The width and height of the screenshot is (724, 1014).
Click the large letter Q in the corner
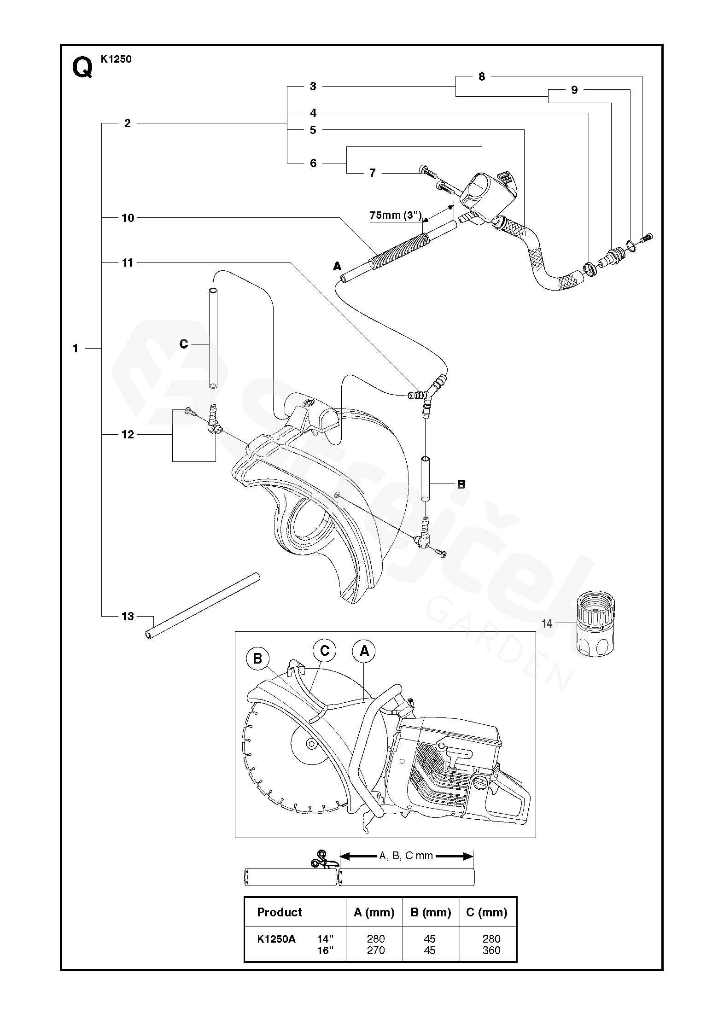coord(82,69)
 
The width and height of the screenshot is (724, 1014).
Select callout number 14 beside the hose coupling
coord(547,624)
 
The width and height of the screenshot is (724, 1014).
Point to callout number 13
coord(128,616)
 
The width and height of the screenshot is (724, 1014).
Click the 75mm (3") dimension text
coord(396,215)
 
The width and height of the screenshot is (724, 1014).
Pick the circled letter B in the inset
coord(257,659)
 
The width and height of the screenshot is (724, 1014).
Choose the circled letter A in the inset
coord(364,651)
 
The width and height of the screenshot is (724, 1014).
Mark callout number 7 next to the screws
coord(373,173)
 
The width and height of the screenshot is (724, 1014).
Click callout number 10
coord(128,218)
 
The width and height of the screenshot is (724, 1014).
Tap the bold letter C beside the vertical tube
coord(184,344)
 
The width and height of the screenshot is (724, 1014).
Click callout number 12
coord(128,434)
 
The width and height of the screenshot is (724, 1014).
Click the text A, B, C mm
coord(406,856)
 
